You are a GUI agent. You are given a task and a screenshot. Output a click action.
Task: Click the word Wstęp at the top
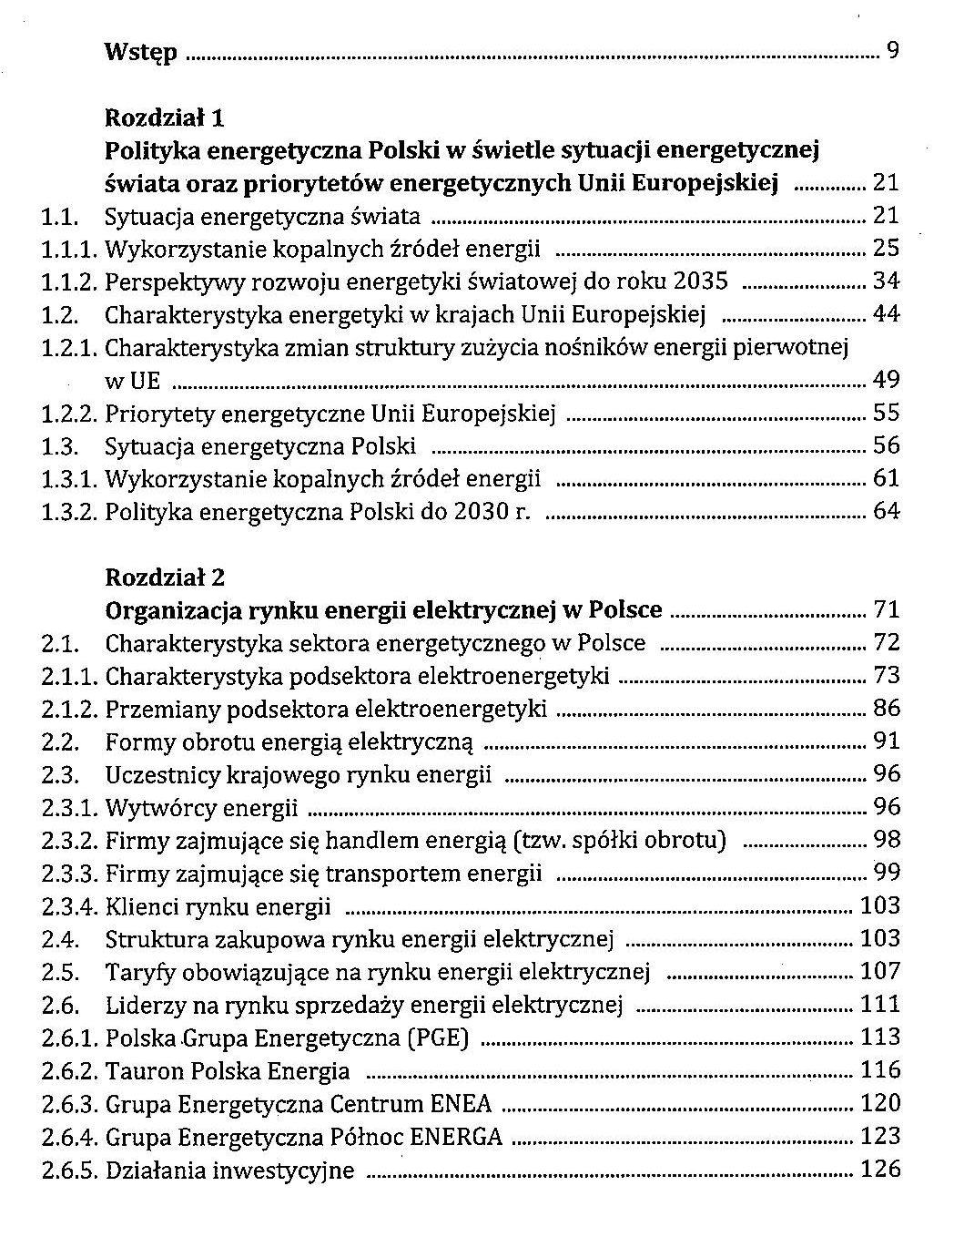click(141, 52)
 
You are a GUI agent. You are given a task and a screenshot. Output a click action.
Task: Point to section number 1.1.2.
click(68, 281)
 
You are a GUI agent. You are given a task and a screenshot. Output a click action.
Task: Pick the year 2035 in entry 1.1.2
click(703, 281)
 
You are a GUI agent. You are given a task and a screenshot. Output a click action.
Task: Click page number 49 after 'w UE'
click(886, 379)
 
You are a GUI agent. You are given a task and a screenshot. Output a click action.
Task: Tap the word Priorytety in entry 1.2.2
click(160, 413)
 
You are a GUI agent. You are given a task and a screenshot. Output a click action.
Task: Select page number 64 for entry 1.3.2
click(886, 511)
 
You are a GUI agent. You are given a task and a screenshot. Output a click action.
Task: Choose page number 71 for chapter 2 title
click(886, 609)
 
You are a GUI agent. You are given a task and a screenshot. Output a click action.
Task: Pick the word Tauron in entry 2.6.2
click(140, 1070)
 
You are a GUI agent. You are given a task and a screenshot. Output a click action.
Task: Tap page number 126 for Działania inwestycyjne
click(879, 1169)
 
